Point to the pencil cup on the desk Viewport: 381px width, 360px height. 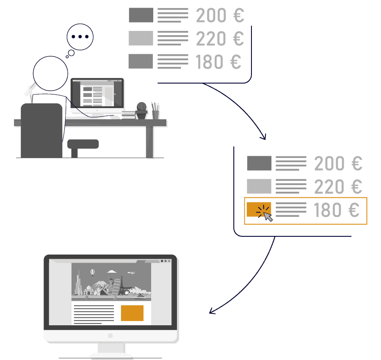pyautogui.click(x=155, y=114)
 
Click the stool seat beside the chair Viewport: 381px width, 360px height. pyautogui.click(x=83, y=144)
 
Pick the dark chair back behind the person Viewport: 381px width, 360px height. pyautogui.click(x=41, y=130)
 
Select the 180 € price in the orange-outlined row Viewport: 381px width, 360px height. pyautogui.click(x=337, y=210)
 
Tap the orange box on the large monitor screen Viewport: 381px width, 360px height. pyautogui.click(x=132, y=313)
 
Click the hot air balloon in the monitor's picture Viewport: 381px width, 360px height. pyautogui.click(x=93, y=272)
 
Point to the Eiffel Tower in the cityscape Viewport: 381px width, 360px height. pyautogui.click(x=122, y=285)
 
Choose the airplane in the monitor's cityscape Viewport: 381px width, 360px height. pyautogui.click(x=131, y=273)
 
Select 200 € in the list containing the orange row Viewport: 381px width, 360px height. pyautogui.click(x=338, y=163)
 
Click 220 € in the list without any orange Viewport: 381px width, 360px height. pyautogui.click(x=220, y=39)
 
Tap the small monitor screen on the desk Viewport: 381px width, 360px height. pyautogui.click(x=97, y=93)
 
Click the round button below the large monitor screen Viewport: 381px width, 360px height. pyautogui.click(x=110, y=336)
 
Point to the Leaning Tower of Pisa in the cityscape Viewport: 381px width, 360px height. pyautogui.click(x=116, y=287)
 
